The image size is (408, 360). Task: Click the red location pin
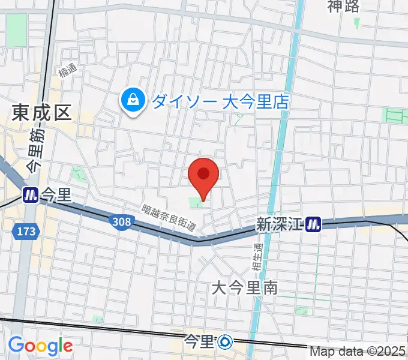coord(203,175)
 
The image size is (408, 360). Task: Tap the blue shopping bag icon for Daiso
coord(131,100)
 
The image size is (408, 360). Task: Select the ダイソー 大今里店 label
coord(220,101)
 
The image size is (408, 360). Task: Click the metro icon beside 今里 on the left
coord(30,195)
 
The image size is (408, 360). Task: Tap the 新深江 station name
coord(279,224)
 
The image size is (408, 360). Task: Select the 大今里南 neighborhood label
coord(245,288)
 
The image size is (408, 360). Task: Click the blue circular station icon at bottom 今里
coord(225,342)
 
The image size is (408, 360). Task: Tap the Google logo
coord(40,346)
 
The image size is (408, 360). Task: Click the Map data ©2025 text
coord(358,352)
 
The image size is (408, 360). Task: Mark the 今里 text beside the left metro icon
coord(56,195)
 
